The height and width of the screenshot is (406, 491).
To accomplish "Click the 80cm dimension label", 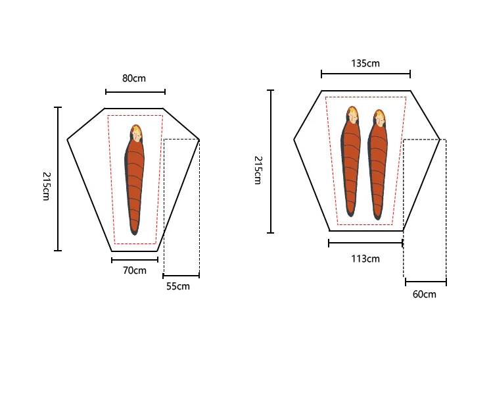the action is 134,78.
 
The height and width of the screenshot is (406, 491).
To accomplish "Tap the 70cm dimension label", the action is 135,270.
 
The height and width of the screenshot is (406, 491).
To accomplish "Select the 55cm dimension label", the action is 178,286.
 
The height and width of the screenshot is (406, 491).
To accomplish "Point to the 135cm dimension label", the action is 365,63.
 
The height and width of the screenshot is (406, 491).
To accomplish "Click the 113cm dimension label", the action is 365,259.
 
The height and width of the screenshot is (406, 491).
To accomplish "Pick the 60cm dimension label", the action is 425,294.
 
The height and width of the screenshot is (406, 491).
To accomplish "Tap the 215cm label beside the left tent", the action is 46,186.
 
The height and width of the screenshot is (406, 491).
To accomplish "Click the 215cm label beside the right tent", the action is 258,170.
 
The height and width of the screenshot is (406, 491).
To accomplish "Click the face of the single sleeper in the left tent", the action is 137,135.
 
